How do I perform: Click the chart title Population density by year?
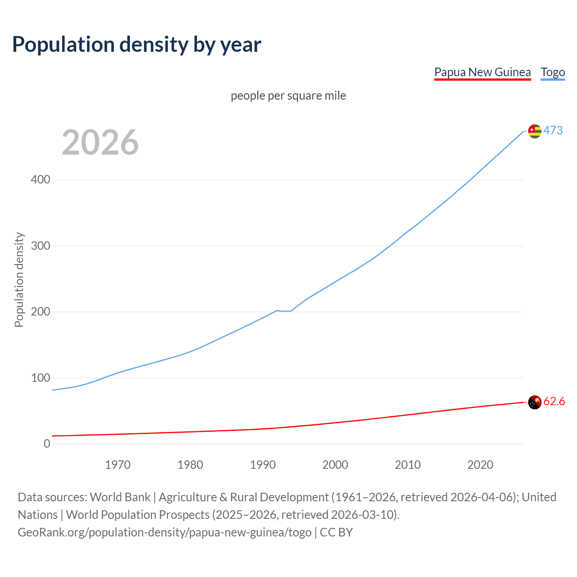click(137, 45)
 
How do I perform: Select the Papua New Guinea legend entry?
click(482, 72)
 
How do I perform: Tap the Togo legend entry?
click(553, 72)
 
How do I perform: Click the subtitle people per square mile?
click(288, 96)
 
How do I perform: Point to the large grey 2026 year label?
click(100, 142)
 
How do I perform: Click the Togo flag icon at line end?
click(535, 131)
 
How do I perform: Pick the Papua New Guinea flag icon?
click(535, 402)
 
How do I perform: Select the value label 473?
click(553, 130)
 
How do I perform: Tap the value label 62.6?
click(554, 401)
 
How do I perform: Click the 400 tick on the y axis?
click(41, 180)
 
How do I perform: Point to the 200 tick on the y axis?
click(41, 312)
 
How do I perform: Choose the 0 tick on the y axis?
click(47, 444)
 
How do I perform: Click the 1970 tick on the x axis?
click(118, 465)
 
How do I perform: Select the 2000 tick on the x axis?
click(335, 465)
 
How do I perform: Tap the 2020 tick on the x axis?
click(480, 465)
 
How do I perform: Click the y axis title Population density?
click(19, 279)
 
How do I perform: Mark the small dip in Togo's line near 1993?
click(284, 311)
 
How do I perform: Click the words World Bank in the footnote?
click(120, 497)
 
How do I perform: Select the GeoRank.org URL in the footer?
click(165, 532)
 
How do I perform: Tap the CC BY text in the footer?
click(336, 532)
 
